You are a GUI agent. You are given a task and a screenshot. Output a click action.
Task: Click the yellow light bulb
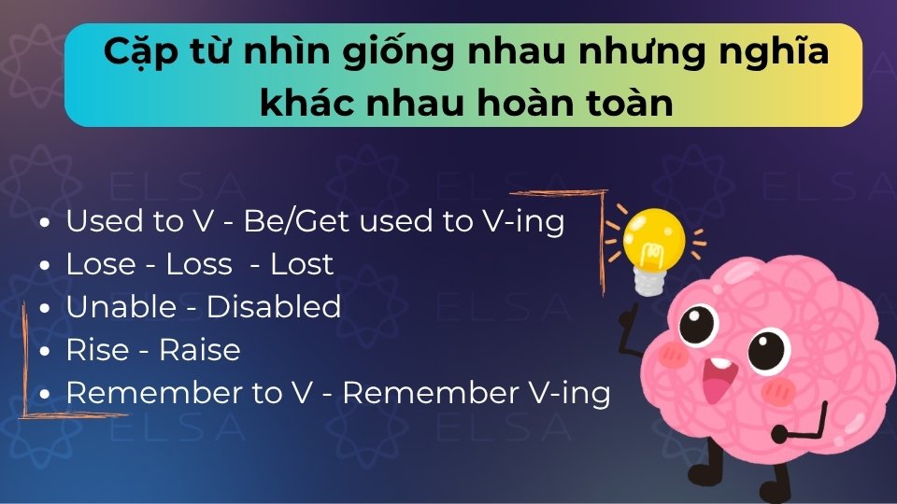point(655,237)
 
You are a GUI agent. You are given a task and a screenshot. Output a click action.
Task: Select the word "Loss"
point(198,264)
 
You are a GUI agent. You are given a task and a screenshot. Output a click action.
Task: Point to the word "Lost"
point(302,264)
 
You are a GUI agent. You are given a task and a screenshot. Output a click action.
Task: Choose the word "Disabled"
point(274,307)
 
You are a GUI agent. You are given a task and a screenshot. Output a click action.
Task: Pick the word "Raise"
point(200,350)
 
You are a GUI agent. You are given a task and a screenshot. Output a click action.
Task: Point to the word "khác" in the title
point(301,102)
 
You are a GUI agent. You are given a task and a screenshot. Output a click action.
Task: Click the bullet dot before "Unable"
point(46,309)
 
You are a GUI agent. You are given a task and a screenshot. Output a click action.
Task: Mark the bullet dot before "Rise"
point(46,352)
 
